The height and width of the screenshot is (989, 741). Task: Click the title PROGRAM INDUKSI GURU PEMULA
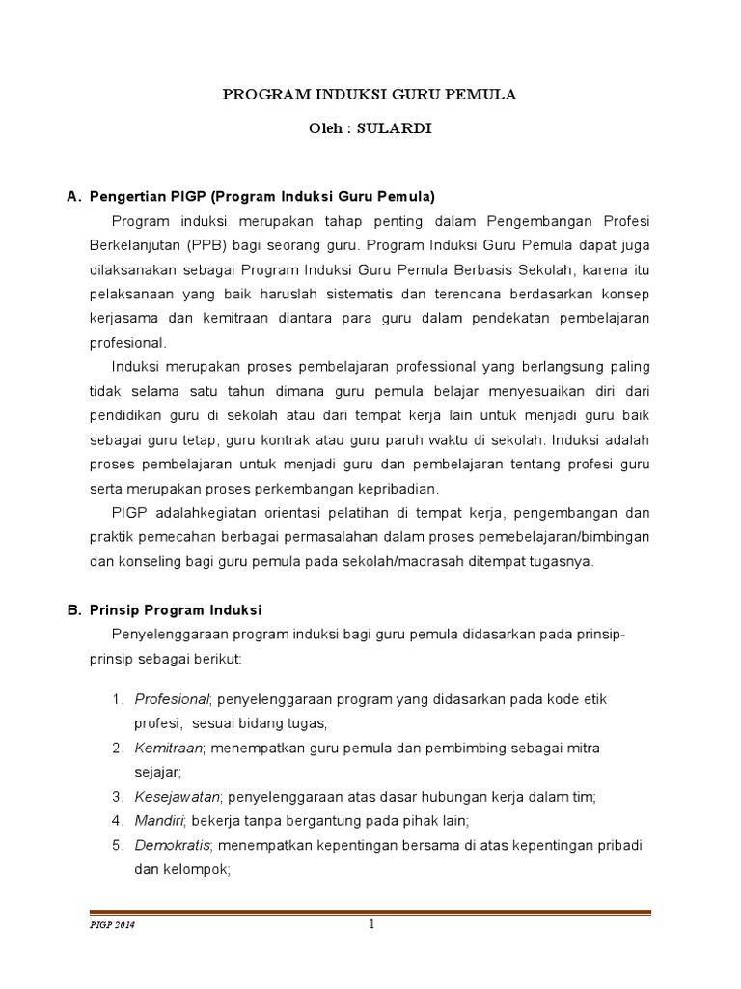(370, 95)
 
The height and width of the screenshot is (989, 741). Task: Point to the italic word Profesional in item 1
(172, 698)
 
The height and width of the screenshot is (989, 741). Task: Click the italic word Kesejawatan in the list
(178, 797)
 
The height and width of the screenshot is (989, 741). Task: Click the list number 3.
(115, 797)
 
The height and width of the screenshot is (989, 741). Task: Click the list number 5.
(115, 845)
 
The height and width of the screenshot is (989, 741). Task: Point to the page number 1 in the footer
(370, 925)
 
